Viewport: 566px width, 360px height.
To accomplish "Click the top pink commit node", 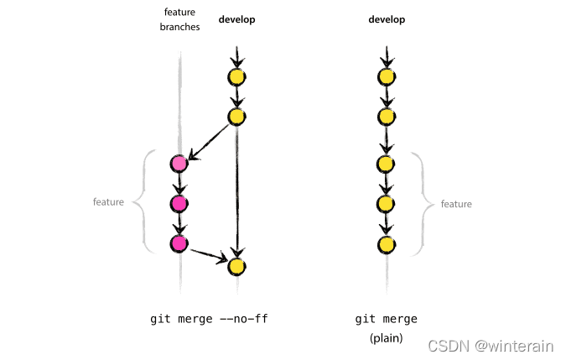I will (178, 163).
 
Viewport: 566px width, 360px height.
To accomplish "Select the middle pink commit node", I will (178, 203).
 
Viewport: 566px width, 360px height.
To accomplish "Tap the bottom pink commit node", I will (178, 243).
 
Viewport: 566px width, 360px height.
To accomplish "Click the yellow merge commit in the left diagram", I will (236, 266).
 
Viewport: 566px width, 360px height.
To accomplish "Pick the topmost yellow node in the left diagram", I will (236, 77).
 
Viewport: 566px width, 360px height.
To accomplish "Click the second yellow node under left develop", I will (236, 117).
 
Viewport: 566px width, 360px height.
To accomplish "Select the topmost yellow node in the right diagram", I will (387, 77).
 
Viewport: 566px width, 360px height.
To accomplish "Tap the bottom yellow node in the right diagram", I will (387, 244).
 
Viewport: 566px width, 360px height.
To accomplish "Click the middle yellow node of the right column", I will (387, 163).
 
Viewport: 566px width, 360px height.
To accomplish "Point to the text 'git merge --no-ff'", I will (209, 319).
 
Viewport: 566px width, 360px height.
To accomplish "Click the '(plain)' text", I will (386, 338).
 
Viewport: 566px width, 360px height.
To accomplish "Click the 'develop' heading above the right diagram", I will (386, 18).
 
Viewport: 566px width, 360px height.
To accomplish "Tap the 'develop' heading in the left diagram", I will (236, 18).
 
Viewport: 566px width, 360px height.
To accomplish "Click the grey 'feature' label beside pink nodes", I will (108, 202).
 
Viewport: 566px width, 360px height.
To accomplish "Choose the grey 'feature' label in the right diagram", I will (456, 204).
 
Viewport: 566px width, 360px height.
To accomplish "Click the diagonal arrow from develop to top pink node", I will (210, 142).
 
